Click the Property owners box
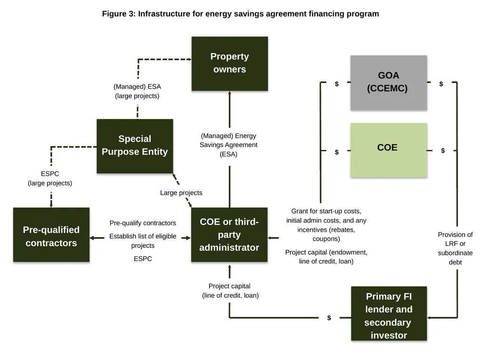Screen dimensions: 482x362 pyautogui.click(x=230, y=64)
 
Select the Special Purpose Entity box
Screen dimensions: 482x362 pyautogui.click(x=135, y=146)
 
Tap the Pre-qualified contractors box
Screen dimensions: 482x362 pyautogui.click(x=51, y=235)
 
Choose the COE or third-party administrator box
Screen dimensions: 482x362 pyautogui.click(x=229, y=235)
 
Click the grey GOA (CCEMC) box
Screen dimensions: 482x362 pyautogui.click(x=388, y=82)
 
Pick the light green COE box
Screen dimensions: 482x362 pyautogui.click(x=388, y=150)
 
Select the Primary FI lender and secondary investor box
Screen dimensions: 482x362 pyautogui.click(x=389, y=313)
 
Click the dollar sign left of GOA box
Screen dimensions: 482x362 pyautogui.click(x=337, y=84)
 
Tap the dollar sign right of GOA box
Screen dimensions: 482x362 pyautogui.click(x=441, y=84)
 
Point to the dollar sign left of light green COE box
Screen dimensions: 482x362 pyautogui.click(x=337, y=152)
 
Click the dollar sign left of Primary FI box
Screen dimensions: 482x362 pyautogui.click(x=329, y=318)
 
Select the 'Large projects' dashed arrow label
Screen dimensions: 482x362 pyautogui.click(x=181, y=193)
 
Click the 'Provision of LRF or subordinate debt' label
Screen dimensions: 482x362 pyautogui.click(x=455, y=248)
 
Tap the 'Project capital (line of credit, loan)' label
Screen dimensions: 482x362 pyautogui.click(x=230, y=290)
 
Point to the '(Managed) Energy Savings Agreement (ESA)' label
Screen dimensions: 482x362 pyautogui.click(x=228, y=145)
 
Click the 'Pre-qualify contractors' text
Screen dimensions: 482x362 pyautogui.click(x=143, y=223)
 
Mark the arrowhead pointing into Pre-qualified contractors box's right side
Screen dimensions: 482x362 pyautogui.click(x=92, y=238)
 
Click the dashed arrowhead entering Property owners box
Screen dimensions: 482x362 pyautogui.click(x=190, y=59)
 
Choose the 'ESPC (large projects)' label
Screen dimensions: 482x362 pyautogui.click(x=50, y=178)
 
